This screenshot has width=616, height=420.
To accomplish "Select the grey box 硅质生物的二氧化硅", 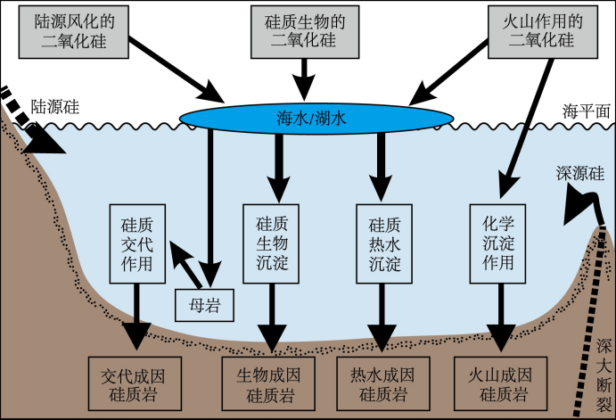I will click(306, 29).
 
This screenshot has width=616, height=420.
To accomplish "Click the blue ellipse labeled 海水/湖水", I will click(316, 116).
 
